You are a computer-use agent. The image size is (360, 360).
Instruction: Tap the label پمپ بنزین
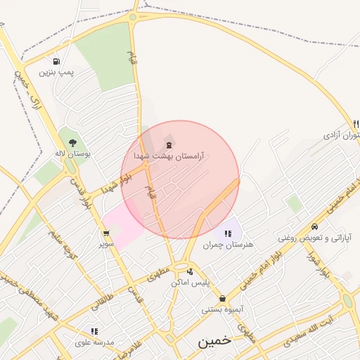(x=56, y=72)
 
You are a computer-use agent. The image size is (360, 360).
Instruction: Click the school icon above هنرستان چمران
(x=228, y=233)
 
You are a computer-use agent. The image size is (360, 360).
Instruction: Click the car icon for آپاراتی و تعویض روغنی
(x=314, y=227)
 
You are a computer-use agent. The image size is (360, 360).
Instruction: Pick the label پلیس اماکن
(x=191, y=282)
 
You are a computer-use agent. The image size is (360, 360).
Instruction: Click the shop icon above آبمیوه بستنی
(x=222, y=298)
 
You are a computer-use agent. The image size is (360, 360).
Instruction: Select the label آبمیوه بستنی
(x=222, y=309)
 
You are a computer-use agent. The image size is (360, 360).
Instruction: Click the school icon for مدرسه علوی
(x=94, y=331)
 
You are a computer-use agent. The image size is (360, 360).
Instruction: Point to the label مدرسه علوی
(x=94, y=342)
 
